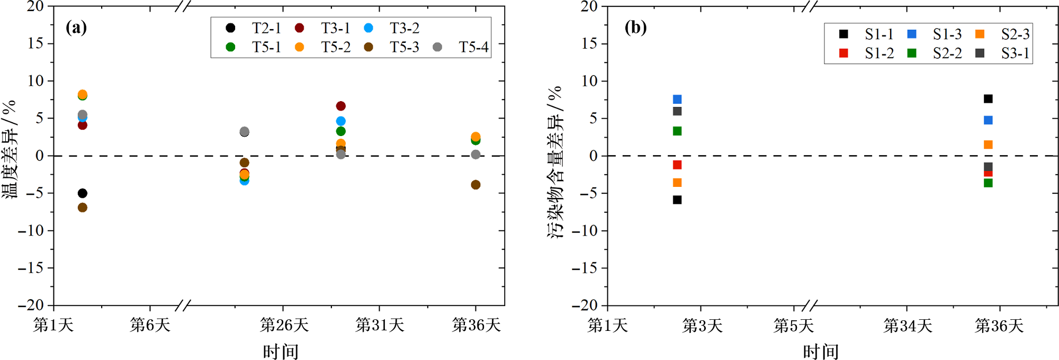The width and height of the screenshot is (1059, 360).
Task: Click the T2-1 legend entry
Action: pos(254,28)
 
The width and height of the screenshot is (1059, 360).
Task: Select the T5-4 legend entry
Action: pos(461,47)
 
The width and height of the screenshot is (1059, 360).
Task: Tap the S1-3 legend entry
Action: pos(935,34)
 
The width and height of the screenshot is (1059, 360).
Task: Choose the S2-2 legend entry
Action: pos(935,53)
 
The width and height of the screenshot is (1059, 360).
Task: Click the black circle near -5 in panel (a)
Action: pos(82,193)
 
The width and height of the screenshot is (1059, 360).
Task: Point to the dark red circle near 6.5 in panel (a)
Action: pos(340,106)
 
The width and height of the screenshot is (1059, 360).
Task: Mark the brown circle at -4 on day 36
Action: pos(475,185)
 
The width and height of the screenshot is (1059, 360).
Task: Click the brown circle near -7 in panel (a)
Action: pos(82,208)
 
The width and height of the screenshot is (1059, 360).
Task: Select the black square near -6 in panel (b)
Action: pos(677,200)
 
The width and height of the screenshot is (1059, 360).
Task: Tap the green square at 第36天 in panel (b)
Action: pos(988,183)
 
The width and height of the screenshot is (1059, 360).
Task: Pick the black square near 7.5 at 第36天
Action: pos(988,99)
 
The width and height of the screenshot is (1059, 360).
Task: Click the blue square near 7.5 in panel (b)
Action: pos(677,100)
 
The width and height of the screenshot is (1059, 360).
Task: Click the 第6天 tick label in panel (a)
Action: pos(150,325)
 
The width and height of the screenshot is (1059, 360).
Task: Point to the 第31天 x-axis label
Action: pos(380,325)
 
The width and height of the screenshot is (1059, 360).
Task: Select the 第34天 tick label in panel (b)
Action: pos(908,326)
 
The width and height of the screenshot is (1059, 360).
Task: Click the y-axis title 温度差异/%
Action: pos(10,149)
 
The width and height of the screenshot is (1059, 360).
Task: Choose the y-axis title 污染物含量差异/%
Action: pos(555,162)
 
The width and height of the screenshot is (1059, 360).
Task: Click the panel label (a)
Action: pos(76,28)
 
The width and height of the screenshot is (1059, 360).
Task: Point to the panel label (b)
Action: pos(635,28)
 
